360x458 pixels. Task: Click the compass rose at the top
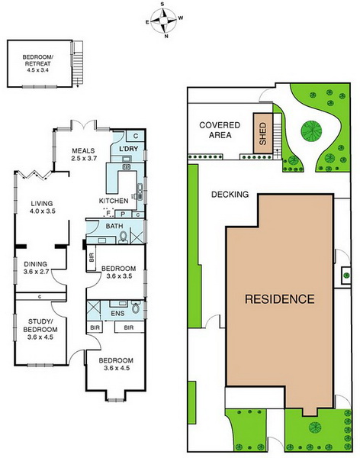click(163, 21)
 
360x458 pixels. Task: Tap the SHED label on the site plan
click(263, 134)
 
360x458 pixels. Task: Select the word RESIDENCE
click(280, 298)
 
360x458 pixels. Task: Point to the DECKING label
click(230, 194)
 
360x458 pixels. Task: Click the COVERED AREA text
click(220, 130)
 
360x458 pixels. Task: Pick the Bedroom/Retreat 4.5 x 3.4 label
click(37, 63)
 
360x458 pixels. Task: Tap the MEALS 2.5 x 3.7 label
click(84, 154)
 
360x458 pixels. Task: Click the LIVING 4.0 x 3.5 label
click(43, 207)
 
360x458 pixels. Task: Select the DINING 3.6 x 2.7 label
click(36, 268)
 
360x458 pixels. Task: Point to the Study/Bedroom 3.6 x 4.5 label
click(40, 329)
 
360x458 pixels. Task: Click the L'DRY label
click(128, 149)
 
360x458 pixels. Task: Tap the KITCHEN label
click(114, 201)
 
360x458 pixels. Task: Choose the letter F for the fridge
click(108, 213)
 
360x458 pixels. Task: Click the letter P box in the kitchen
click(123, 214)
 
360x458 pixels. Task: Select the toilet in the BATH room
click(124, 237)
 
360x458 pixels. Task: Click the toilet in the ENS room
click(136, 308)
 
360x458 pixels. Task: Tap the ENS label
click(118, 314)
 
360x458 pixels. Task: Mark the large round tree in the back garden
click(311, 131)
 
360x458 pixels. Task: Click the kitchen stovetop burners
click(126, 167)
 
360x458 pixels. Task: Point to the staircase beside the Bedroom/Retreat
click(78, 63)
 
